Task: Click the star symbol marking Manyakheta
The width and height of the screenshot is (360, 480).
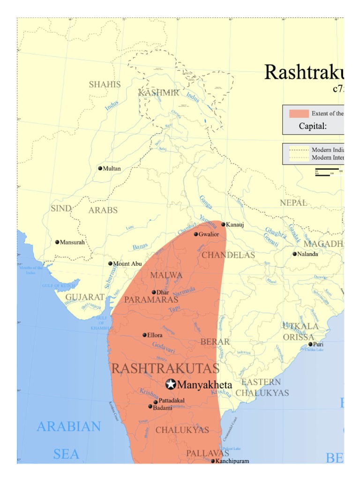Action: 171,384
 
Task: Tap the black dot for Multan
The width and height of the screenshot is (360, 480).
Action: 100,168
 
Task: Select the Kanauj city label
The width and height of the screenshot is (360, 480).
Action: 235,225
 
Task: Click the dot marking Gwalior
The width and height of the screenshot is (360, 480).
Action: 196,234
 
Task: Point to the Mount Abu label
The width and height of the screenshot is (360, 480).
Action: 127,264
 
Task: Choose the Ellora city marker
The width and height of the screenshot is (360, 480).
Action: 145,335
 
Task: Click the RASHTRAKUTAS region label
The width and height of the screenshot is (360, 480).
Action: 165,368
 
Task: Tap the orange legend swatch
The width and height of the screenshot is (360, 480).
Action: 299,113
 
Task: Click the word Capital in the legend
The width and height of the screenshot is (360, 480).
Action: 313,126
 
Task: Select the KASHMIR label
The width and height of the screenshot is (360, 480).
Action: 158,93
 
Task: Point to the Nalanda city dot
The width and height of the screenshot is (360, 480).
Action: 295,254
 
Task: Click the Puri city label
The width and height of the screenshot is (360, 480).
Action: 318,344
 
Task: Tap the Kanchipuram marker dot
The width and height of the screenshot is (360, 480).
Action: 213,461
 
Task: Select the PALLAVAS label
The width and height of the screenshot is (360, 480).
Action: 208,453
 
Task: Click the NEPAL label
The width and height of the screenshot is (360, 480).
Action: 293,202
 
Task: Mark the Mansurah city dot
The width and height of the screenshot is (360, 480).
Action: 57,242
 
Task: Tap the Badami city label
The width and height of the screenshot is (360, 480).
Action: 163,407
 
